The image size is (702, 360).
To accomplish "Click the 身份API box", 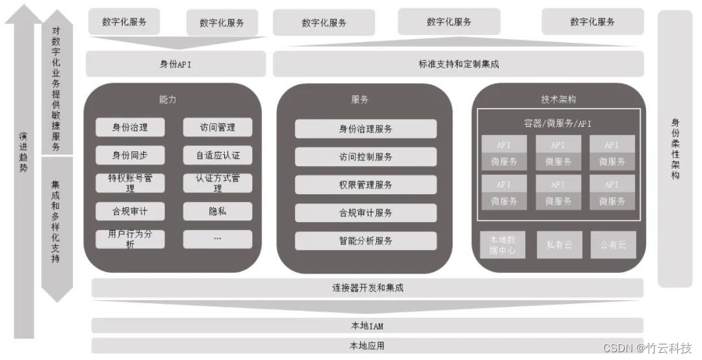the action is point(175,64).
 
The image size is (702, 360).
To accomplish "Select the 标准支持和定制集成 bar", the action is point(458,64).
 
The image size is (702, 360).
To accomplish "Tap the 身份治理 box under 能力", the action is point(130,127).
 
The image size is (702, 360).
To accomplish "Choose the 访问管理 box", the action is point(218,127).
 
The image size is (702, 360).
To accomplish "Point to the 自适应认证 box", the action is point(218,155).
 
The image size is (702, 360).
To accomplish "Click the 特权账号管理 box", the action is point(130,183).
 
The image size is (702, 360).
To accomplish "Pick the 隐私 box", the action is point(218,211).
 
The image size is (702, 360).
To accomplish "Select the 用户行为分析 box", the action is point(130,239).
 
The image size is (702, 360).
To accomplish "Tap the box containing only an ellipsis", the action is point(218,239).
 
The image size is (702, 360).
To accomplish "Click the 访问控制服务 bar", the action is point(365,157).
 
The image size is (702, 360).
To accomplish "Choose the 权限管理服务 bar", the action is point(365,185).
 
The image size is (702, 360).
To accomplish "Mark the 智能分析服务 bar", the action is point(365,240).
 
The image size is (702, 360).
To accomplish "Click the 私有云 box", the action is point(559,245).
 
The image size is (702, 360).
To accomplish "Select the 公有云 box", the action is point(613,245).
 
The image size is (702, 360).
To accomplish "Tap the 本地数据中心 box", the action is point(502,245).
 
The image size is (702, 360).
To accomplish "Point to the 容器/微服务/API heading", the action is point(558,123).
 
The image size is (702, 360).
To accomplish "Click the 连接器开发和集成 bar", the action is point(367,287).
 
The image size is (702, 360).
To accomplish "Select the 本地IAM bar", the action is point(367,325).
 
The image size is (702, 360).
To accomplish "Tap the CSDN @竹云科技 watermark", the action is point(647,348).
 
